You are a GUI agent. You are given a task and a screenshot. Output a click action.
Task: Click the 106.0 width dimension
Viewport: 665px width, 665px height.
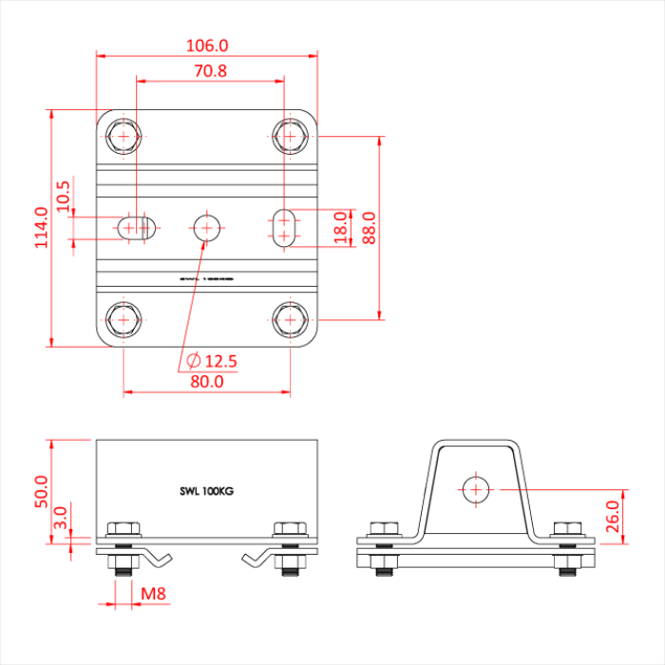tap(208, 45)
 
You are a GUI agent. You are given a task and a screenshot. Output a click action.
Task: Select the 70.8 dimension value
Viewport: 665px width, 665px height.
tap(210, 70)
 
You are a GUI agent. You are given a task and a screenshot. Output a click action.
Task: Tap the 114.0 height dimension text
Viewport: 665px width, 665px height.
tap(41, 228)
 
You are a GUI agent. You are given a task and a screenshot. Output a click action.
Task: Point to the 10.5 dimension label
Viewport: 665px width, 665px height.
tap(64, 197)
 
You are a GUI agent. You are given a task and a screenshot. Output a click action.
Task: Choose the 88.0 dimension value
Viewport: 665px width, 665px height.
tap(369, 228)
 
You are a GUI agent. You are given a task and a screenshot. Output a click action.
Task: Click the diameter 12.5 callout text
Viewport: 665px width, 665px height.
tap(211, 360)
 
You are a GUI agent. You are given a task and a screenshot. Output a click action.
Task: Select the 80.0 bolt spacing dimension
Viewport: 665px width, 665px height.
tap(206, 381)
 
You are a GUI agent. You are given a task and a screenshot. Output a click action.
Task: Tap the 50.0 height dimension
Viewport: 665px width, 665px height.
tap(41, 493)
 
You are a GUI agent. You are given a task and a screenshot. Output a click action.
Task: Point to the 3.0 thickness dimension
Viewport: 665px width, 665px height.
tap(61, 518)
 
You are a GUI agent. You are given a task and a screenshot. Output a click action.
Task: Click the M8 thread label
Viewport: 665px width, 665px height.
tap(154, 595)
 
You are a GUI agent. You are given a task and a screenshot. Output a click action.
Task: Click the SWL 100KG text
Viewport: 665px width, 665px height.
tap(206, 491)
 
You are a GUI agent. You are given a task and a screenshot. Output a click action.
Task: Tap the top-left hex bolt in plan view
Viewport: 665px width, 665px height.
tap(123, 136)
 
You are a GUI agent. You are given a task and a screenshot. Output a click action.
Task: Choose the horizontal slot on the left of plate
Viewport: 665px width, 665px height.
tap(137, 227)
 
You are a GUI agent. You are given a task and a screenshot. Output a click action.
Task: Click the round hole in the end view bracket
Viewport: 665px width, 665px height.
tap(476, 488)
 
